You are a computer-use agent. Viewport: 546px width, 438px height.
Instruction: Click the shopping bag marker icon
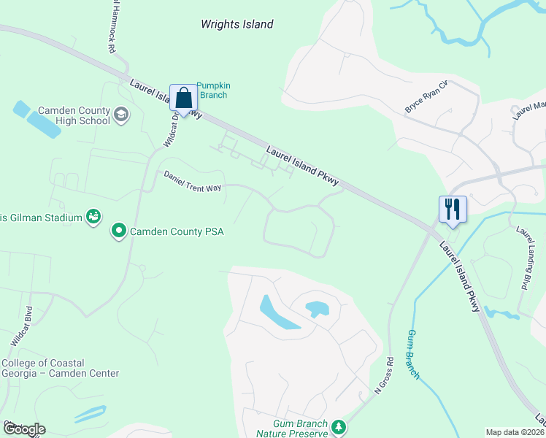pos(184,98)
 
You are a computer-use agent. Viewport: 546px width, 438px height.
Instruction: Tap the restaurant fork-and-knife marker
pos(453,210)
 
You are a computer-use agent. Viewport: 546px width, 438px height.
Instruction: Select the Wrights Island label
pos(237,24)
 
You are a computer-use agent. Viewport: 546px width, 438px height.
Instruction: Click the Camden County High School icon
pos(120,114)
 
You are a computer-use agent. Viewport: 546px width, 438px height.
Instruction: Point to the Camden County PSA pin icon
pos(118,231)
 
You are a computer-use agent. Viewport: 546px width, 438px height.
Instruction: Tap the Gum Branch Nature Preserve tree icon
pos(338,426)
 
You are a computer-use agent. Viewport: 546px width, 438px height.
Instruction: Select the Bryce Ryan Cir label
pos(426,101)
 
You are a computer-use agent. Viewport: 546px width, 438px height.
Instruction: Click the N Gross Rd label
pos(384,376)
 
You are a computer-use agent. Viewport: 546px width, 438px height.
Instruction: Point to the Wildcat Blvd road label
pos(22,326)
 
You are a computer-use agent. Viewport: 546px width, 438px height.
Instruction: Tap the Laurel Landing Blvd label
pos(522,258)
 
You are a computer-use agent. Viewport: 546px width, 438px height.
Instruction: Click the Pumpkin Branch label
pos(212,90)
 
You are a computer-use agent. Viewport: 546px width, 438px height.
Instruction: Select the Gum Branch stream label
pos(413,354)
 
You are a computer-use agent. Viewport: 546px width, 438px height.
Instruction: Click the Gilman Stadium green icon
pos(93,216)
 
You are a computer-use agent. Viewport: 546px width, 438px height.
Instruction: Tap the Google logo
pos(24,429)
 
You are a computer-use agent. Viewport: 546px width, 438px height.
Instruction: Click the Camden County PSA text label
pos(176,231)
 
